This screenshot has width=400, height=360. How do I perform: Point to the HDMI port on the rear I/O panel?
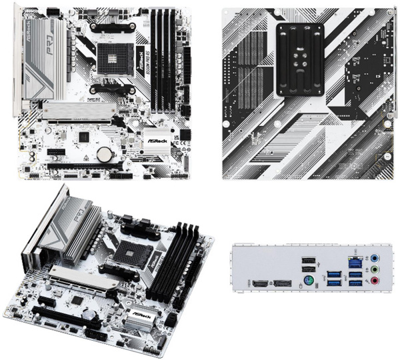[x=259, y=284]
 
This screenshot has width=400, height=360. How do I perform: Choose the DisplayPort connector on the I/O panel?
[x=282, y=284]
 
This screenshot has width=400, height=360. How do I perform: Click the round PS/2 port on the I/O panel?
[x=309, y=281]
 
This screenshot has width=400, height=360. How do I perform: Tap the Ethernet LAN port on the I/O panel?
[x=355, y=259]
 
